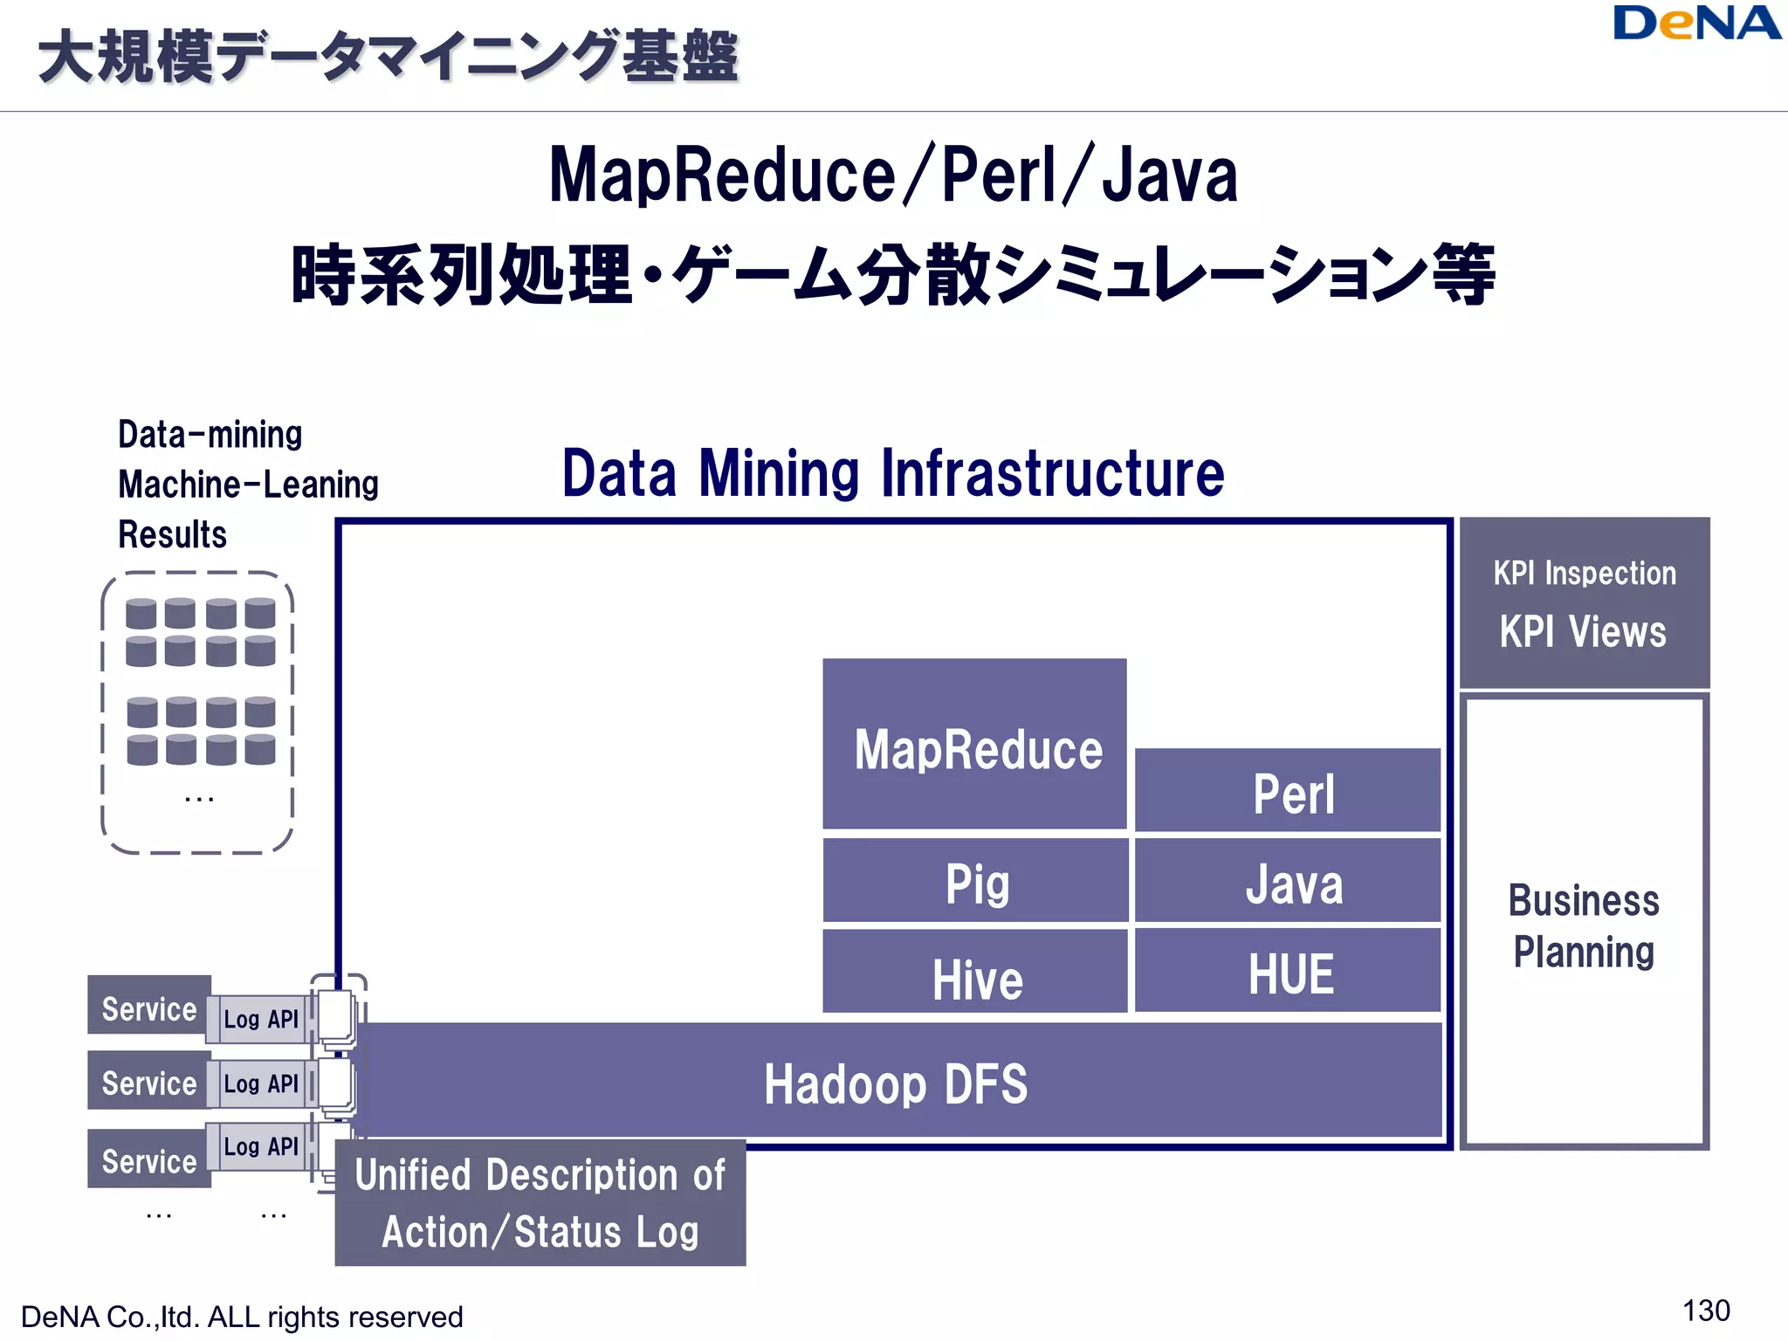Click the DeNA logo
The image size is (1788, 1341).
[x=1695, y=24]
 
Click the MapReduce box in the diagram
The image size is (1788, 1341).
[x=975, y=744]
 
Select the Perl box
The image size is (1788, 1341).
[x=1289, y=791]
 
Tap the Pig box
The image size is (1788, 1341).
[x=975, y=881]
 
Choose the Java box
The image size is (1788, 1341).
[x=1289, y=882]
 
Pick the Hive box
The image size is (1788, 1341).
[x=975, y=973]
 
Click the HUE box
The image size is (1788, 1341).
[x=1289, y=972]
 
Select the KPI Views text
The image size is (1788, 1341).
[x=1583, y=632]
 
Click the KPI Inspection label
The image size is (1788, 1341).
[x=1584, y=574]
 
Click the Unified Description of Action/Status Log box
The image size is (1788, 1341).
[x=540, y=1203]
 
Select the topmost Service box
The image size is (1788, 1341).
[x=149, y=1007]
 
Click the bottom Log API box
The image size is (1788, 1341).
[x=260, y=1146]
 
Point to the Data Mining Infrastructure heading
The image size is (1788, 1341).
[x=892, y=473]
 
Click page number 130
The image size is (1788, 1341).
[x=1705, y=1310]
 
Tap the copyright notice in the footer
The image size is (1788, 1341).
[x=242, y=1317]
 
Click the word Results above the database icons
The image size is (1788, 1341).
[x=172, y=534]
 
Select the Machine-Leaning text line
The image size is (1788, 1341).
[x=248, y=485]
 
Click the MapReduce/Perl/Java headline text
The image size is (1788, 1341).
[x=892, y=175]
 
